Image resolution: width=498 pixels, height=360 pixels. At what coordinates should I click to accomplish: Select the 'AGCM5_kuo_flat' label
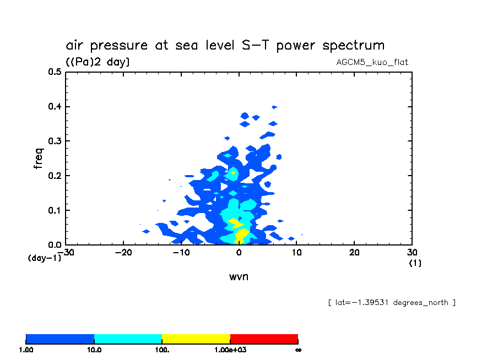372,62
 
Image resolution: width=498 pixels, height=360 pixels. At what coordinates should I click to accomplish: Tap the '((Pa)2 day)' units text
98,62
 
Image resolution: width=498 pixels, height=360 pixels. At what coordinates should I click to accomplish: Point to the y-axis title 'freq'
38,158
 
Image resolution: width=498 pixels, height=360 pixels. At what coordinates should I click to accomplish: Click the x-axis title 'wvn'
239,276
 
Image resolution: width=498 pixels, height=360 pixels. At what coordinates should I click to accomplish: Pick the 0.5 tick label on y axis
54,72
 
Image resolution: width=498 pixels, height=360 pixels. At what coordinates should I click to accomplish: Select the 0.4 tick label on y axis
54,107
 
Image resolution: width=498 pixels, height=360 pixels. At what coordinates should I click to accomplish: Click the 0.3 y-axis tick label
54,141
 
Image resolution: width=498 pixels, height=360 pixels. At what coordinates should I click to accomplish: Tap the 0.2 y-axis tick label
54,176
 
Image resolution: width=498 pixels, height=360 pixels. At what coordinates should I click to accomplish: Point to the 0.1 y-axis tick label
54,211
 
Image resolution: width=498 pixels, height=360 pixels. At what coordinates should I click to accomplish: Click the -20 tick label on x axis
123,253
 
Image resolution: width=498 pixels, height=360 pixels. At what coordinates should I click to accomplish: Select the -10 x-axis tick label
181,253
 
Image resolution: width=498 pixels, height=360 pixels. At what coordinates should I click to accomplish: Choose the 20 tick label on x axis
355,253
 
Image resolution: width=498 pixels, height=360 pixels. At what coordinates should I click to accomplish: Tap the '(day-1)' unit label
45,258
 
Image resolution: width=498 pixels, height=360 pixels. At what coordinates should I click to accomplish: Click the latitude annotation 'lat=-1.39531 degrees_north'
391,303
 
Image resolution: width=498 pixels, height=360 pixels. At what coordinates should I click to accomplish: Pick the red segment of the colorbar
264,339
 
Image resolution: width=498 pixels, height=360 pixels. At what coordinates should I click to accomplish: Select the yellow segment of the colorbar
196,339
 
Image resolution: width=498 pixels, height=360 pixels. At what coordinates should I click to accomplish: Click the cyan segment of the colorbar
128,339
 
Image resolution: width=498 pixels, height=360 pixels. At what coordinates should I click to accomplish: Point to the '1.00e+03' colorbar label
230,350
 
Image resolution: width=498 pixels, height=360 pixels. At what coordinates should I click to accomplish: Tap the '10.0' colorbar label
94,350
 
